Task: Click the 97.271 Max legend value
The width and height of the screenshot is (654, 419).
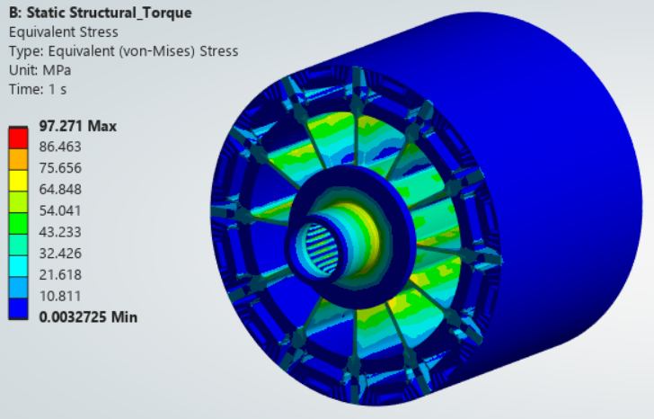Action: [x=78, y=126]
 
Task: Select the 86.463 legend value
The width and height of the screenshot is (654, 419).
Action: [x=60, y=147]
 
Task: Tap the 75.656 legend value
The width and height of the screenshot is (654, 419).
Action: [x=60, y=168]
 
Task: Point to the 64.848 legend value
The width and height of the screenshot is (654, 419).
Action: [x=60, y=190]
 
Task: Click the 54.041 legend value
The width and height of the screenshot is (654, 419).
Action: [x=60, y=210]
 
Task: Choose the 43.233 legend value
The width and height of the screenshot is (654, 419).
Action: [x=60, y=232]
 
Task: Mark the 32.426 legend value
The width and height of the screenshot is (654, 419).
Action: [x=60, y=254]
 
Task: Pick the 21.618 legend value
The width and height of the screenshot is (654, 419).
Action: [x=60, y=274]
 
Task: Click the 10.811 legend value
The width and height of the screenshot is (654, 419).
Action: [x=60, y=296]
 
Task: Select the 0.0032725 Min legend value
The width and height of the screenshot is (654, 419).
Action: [x=88, y=317]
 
